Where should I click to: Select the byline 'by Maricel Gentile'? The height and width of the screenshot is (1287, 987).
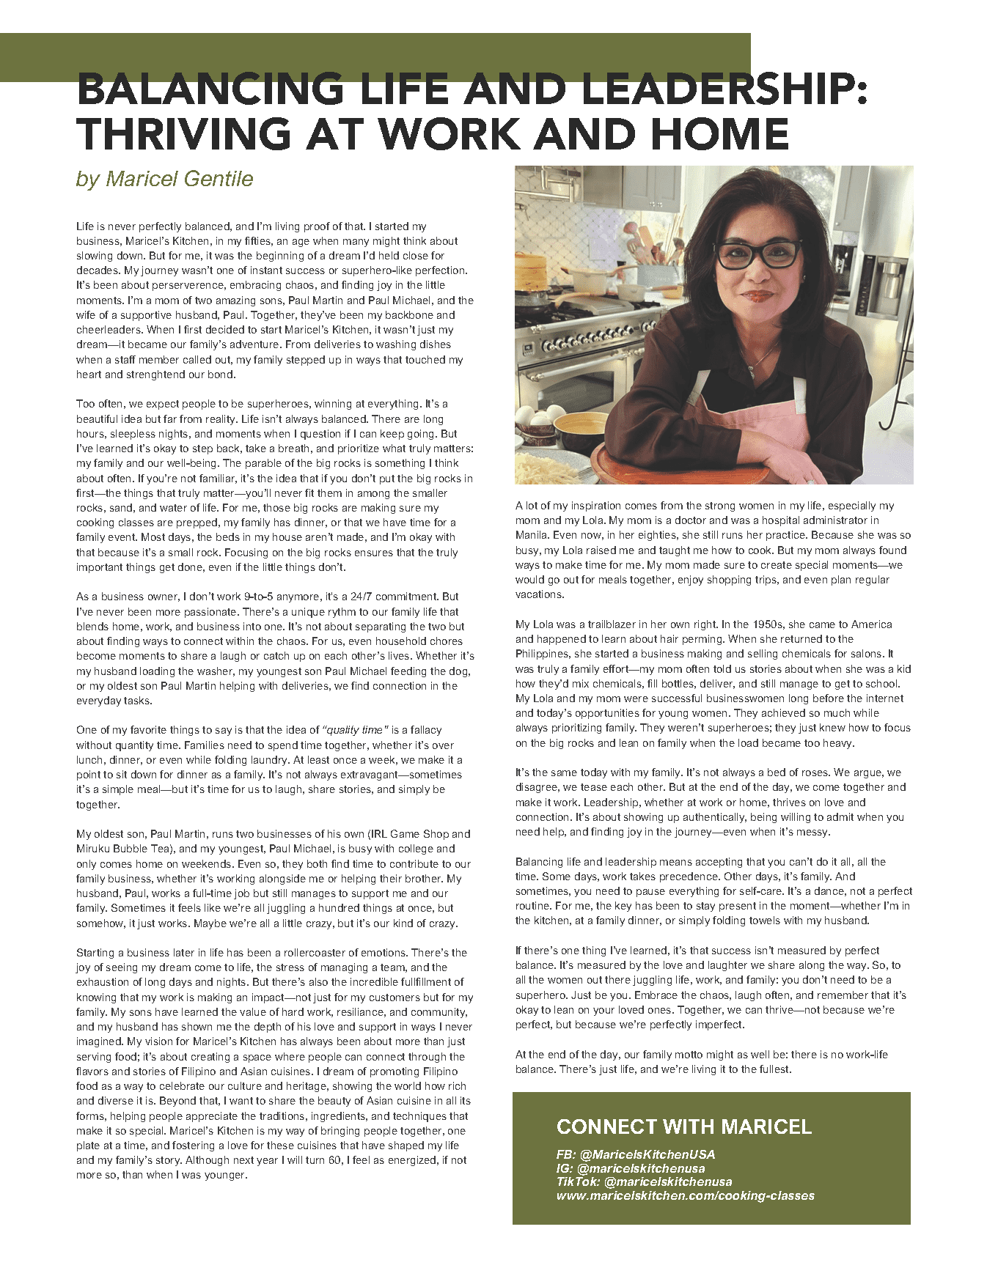[164, 179]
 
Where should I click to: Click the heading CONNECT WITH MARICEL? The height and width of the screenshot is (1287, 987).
[683, 1126]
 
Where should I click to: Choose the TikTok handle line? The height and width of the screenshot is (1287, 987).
[644, 1181]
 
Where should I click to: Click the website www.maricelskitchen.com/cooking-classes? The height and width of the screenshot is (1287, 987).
[685, 1195]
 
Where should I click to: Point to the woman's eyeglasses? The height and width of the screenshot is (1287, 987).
[757, 254]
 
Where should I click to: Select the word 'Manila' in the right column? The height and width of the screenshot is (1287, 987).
[530, 535]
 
